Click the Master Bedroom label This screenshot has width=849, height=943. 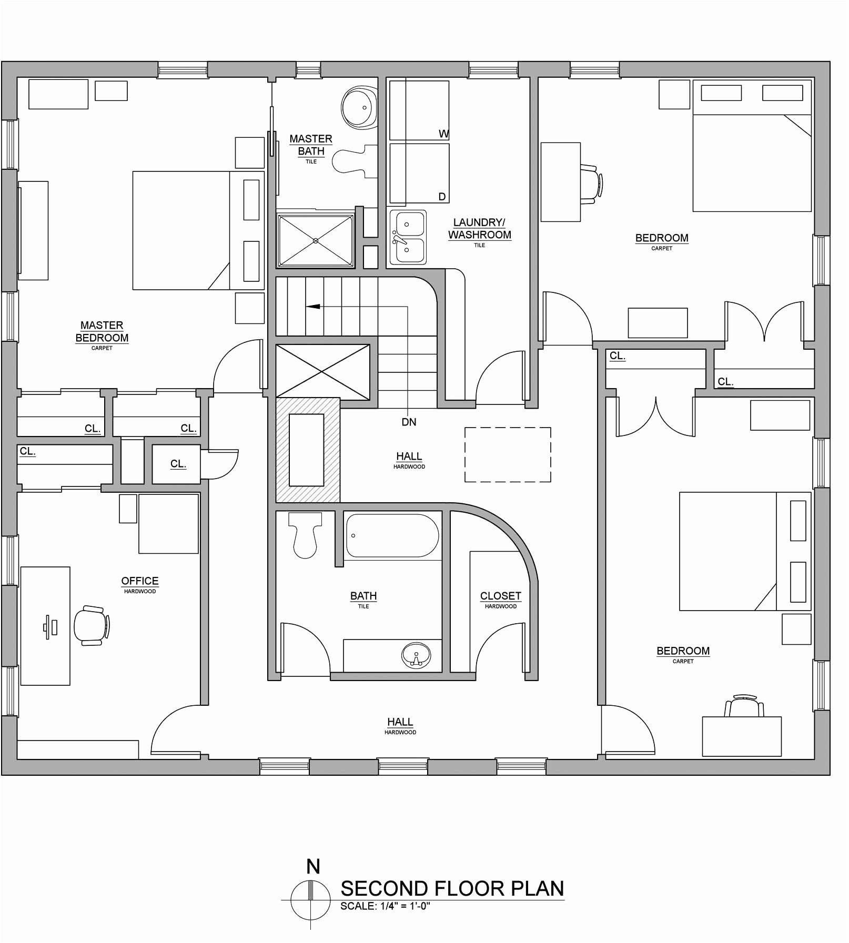pos(102,332)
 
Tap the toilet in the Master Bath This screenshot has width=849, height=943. pos(352,160)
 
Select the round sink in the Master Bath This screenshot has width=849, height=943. pos(359,107)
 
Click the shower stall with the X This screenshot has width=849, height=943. pos(316,240)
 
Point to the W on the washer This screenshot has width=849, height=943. pos(443,134)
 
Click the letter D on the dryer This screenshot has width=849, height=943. pos(442,197)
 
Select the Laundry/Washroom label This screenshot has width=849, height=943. pos(479,229)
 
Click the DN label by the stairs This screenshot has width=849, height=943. pos(409,422)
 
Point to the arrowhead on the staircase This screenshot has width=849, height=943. pos(313,306)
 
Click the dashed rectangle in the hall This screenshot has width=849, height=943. pos(508,454)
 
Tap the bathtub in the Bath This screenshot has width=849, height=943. pos(392,535)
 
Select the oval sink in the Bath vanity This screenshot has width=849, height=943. pos(416,655)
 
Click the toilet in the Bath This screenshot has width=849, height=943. pos(305,534)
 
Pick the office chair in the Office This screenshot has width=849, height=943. pos(92,625)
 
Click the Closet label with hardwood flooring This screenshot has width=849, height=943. pos(500,596)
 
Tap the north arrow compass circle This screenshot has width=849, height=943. pos(310,900)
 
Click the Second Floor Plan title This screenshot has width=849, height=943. pos(452,889)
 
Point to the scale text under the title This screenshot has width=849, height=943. pos(385,906)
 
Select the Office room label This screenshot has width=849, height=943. pos(139,581)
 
